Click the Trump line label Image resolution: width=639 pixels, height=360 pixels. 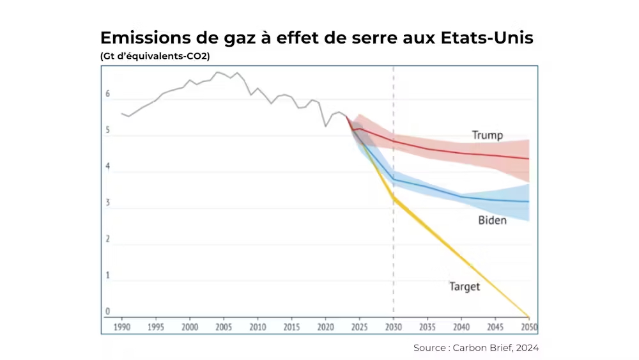coord(487,135)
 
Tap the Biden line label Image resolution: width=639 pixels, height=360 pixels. coord(492,221)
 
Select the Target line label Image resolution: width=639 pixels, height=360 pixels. coord(465,286)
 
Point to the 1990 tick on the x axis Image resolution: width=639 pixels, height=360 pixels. coord(122,327)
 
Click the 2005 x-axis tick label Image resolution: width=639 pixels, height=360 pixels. coord(224,327)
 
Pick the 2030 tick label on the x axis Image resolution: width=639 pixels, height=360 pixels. coord(393,327)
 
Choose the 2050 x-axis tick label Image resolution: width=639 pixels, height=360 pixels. coord(528,327)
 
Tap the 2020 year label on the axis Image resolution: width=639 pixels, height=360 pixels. coord(325,327)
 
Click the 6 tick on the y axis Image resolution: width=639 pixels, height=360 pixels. coord(108,95)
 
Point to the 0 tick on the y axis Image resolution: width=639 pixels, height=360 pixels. coord(108,311)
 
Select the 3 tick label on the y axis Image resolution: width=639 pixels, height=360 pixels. coord(108,203)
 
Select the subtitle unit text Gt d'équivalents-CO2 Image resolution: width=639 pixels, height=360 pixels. coord(155,56)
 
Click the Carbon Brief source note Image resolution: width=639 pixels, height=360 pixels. coord(476,348)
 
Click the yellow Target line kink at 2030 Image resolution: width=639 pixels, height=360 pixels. coord(394,199)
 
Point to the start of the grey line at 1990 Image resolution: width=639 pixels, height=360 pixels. coord(122,114)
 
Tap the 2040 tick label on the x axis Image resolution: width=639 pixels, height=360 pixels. coord(461,327)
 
